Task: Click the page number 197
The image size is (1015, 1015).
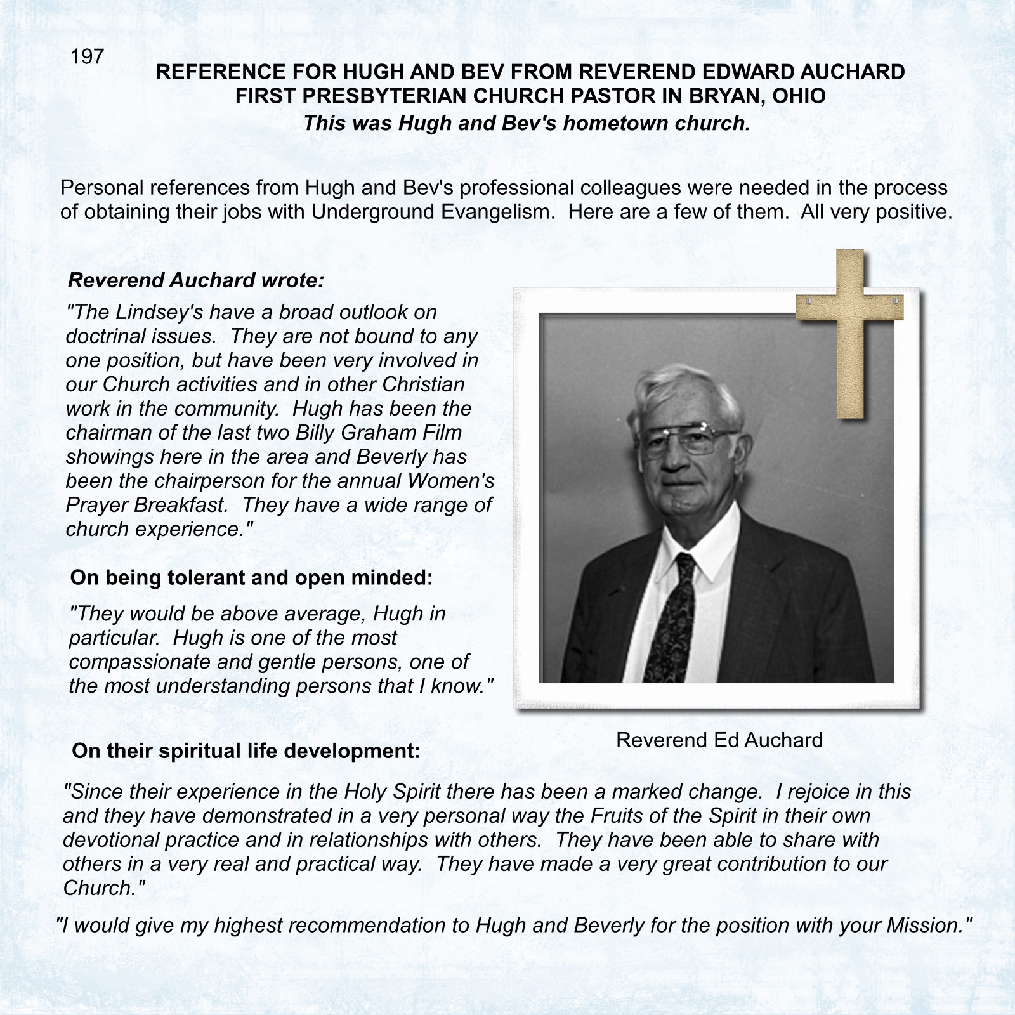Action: pos(87,57)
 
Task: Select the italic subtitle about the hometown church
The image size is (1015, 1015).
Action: pos(527,122)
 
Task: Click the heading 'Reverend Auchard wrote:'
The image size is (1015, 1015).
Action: pos(196,280)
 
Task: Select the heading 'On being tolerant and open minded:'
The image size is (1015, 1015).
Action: pos(251,577)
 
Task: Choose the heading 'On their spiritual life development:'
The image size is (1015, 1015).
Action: pos(246,751)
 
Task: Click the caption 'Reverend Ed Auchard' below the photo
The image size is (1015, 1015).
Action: pos(719,740)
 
